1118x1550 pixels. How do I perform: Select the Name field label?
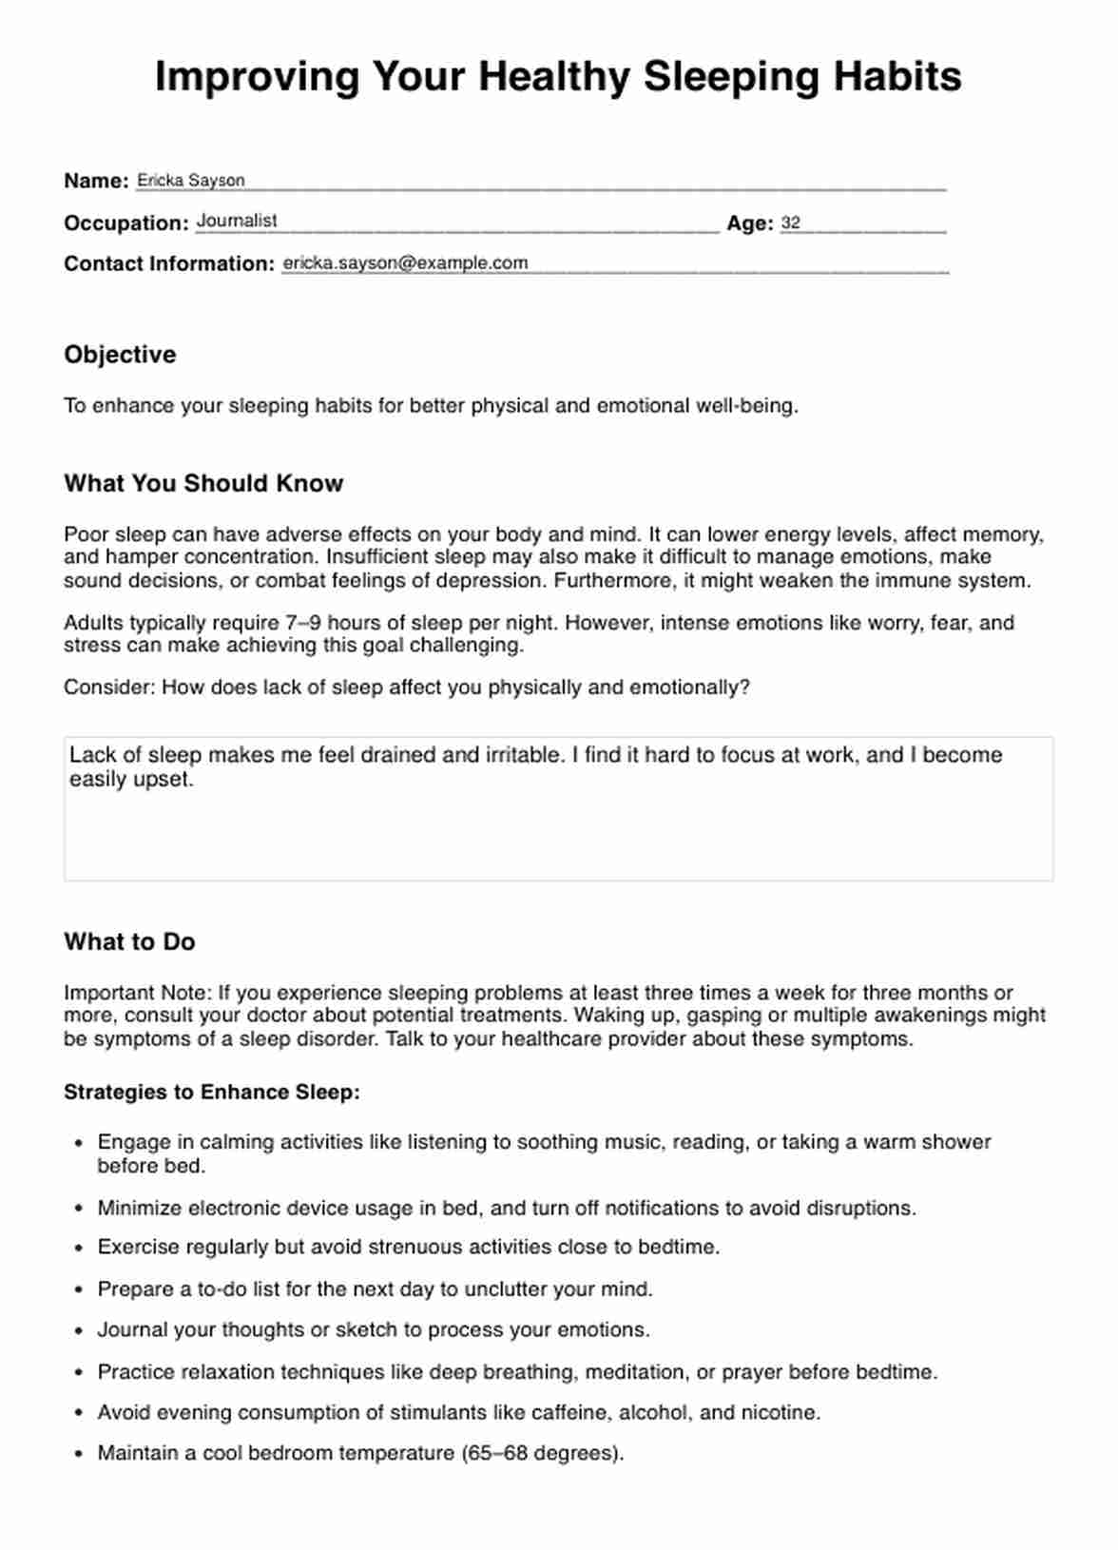[x=96, y=181]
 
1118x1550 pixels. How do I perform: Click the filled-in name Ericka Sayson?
[x=190, y=180]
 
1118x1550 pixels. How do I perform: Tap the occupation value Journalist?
[x=237, y=221]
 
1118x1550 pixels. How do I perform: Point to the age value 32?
[x=790, y=223]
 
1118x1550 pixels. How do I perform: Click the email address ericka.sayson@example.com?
[x=405, y=263]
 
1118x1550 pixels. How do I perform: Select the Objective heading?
[x=120, y=355]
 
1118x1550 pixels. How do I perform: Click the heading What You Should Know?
[x=203, y=483]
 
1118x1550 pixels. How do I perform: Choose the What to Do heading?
[x=129, y=941]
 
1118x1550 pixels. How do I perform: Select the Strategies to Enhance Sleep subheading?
[x=212, y=1092]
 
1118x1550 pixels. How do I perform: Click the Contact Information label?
[x=169, y=263]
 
